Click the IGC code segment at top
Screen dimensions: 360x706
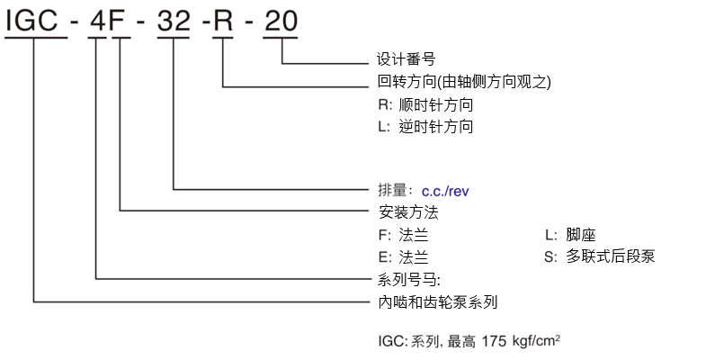click(35, 21)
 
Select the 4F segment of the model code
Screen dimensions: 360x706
click(107, 21)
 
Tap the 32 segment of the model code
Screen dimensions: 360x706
click(174, 21)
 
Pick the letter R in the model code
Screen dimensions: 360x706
click(223, 21)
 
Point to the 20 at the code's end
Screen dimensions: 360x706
click(281, 21)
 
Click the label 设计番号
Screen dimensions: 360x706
click(407, 61)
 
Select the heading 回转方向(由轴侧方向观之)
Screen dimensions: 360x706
click(464, 82)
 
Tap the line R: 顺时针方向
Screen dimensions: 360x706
click(425, 104)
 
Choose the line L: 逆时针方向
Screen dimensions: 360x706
click(425, 127)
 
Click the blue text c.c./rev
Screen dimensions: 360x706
click(446, 191)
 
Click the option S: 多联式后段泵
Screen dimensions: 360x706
click(599, 256)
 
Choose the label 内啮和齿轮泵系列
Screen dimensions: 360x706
click(438, 302)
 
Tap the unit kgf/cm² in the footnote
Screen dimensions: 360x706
click(535, 341)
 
